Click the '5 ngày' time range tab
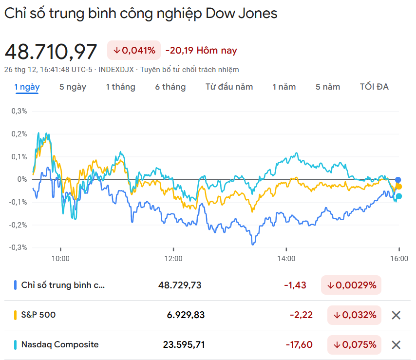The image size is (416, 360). (x=73, y=87)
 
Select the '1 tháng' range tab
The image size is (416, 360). (x=120, y=87)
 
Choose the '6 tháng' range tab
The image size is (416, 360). (x=170, y=87)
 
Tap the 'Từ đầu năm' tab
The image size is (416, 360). (x=229, y=87)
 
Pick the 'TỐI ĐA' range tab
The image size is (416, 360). (x=374, y=87)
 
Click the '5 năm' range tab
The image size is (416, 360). (x=328, y=87)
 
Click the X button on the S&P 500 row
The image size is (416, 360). (x=396, y=315)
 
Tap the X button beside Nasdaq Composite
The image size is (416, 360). (x=396, y=345)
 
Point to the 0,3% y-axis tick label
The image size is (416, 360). (x=19, y=111)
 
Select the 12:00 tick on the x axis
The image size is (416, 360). (x=173, y=258)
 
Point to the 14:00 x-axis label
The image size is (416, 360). (x=286, y=258)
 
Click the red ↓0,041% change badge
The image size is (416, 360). (x=134, y=50)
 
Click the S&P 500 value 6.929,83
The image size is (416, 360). (x=186, y=315)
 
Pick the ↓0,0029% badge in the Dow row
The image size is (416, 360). (x=351, y=285)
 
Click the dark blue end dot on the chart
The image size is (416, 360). (x=398, y=180)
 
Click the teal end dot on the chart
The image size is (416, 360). (x=399, y=196)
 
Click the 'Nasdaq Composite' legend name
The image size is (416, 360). (x=59, y=345)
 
